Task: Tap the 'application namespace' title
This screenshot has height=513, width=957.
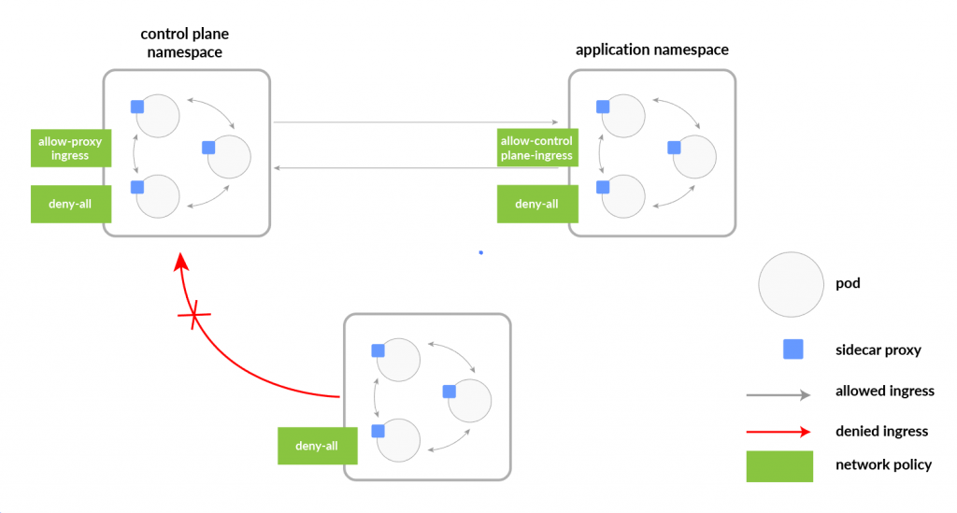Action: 651,50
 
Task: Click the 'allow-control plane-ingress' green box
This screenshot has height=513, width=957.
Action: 536,148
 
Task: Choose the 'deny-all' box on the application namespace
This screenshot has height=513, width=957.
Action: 536,204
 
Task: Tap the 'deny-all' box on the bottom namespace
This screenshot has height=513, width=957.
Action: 317,446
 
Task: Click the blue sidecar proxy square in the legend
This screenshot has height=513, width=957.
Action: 793,349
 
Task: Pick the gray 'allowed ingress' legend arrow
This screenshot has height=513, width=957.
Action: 778,395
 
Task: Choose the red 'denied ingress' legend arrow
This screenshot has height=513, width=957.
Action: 778,432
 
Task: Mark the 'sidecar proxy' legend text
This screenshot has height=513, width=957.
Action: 878,350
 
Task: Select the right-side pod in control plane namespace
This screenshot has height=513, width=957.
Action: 229,156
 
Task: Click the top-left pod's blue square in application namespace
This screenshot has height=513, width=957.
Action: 603,107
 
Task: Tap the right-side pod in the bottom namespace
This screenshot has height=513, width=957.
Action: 469,401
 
